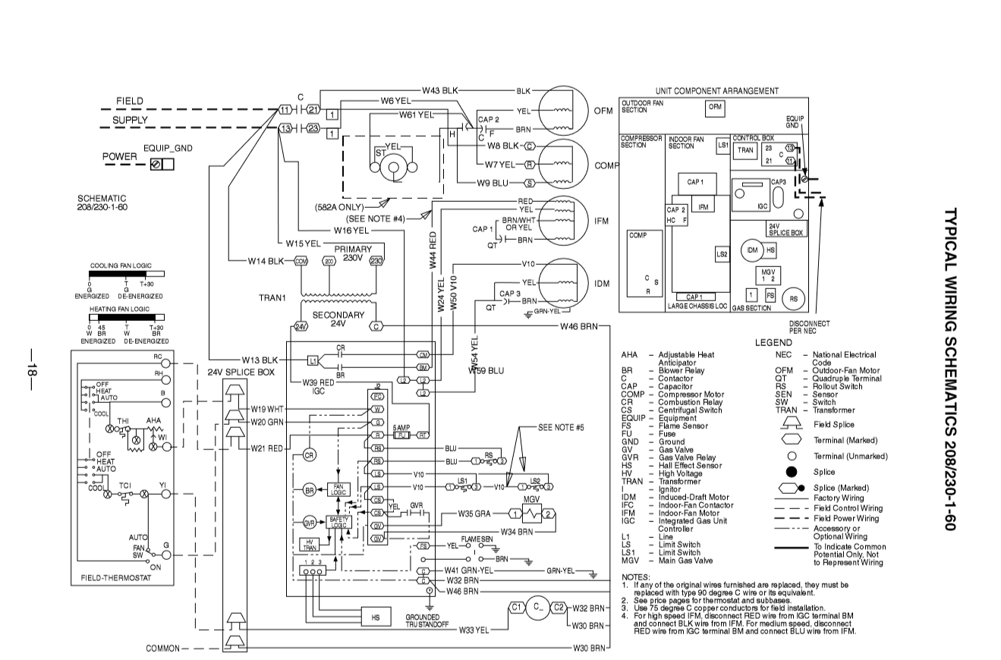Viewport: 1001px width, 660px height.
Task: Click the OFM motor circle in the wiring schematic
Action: click(x=563, y=110)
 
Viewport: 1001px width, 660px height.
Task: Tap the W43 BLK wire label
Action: click(x=441, y=90)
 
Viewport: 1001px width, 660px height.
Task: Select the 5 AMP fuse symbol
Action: click(x=402, y=435)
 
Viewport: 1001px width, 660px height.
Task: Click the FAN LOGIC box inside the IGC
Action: click(x=338, y=490)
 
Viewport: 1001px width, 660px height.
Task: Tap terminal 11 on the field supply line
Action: click(x=285, y=109)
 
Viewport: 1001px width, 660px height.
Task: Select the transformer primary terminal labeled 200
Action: click(x=329, y=261)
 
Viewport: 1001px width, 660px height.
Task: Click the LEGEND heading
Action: click(x=773, y=344)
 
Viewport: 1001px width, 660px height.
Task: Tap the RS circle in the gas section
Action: click(x=794, y=299)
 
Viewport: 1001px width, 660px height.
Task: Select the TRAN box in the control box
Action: click(x=744, y=150)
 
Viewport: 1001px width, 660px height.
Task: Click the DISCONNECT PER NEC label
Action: click(x=809, y=327)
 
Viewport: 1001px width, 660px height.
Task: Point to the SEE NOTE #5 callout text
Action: click(x=561, y=427)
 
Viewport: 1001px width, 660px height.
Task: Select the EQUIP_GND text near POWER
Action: click(x=168, y=148)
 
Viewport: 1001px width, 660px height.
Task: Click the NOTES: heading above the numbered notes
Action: click(x=634, y=577)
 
